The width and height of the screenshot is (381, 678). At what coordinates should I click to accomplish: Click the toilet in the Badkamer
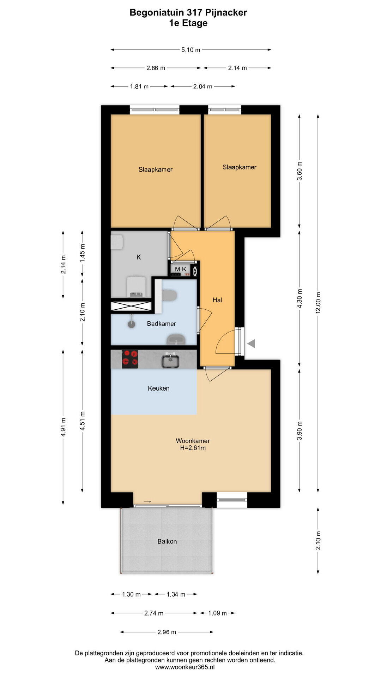pyautogui.click(x=169, y=295)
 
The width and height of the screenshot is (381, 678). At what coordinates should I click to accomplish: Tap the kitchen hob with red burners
pyautogui.click(x=130, y=359)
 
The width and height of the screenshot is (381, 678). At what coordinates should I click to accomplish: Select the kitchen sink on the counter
pyautogui.click(x=170, y=360)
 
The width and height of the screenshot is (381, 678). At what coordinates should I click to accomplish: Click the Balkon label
pyautogui.click(x=167, y=541)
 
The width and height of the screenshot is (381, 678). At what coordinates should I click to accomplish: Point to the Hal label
pyautogui.click(x=217, y=300)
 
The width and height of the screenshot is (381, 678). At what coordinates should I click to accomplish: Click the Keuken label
pyautogui.click(x=159, y=388)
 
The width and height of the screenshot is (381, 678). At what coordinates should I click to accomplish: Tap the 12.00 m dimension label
pyautogui.click(x=318, y=303)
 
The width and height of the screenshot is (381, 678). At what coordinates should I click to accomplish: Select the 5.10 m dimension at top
pyautogui.click(x=191, y=50)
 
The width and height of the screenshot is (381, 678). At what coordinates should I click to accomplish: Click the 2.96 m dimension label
pyautogui.click(x=167, y=632)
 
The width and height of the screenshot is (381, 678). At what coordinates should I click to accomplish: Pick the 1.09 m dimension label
pyautogui.click(x=217, y=613)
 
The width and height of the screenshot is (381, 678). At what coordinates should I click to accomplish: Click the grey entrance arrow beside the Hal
pyautogui.click(x=251, y=343)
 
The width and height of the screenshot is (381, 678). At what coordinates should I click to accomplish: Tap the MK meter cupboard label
pyautogui.click(x=181, y=269)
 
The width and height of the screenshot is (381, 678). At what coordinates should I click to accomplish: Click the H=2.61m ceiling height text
pyautogui.click(x=193, y=448)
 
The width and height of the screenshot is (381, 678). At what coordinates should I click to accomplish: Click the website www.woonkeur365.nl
pyautogui.click(x=185, y=667)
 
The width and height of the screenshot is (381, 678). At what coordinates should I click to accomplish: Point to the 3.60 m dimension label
pyautogui.click(x=300, y=171)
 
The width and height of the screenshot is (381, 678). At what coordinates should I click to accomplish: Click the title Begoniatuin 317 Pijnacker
pyautogui.click(x=188, y=13)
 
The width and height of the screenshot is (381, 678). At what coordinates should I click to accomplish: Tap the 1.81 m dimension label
pyautogui.click(x=139, y=87)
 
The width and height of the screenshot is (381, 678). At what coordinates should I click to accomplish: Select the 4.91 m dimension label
pyautogui.click(x=64, y=427)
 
